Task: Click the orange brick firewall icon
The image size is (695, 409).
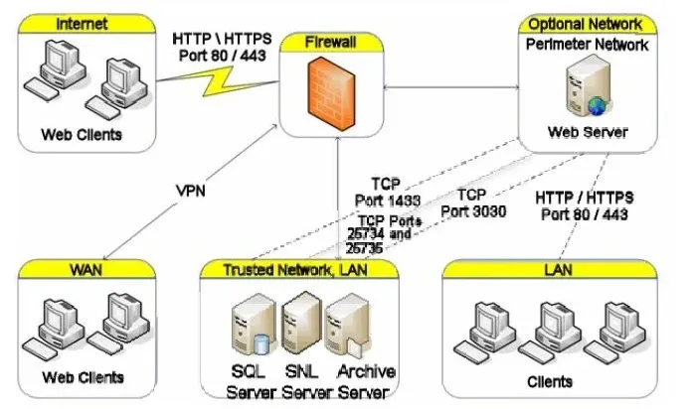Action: (x=331, y=93)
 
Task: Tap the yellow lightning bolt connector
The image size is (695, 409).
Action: (x=218, y=80)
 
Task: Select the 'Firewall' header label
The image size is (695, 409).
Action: (x=331, y=42)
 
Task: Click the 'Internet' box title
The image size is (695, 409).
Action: (x=82, y=24)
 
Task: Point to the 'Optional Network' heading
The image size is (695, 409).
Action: (x=586, y=24)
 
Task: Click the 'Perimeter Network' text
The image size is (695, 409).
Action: (x=588, y=45)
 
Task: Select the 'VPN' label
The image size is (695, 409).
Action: (x=191, y=191)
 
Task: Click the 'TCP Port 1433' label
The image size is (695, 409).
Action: (x=388, y=192)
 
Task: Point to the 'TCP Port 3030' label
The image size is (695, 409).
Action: (x=473, y=203)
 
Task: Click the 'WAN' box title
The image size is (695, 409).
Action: (x=86, y=270)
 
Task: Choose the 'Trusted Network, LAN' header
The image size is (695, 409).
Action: (x=295, y=270)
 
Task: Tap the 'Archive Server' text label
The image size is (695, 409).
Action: (x=365, y=381)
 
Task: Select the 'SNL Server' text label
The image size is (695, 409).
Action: (x=306, y=381)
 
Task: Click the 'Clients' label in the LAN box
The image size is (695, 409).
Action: (x=550, y=381)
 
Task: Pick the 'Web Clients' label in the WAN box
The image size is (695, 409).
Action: (x=83, y=377)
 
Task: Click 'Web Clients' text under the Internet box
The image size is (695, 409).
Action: (x=82, y=134)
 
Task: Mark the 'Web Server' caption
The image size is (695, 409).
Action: (x=588, y=132)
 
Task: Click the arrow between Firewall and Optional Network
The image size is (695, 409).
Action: (x=450, y=87)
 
